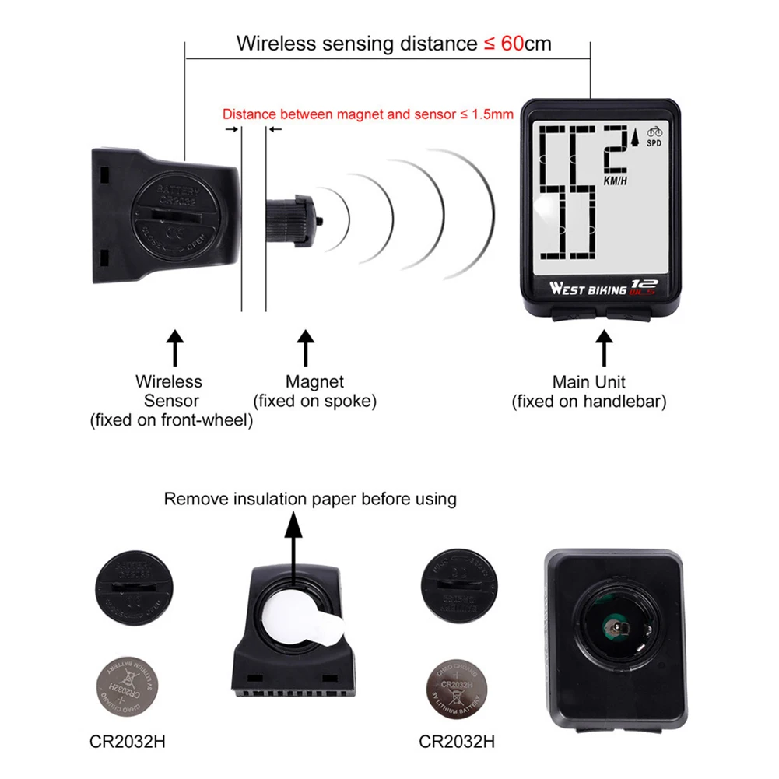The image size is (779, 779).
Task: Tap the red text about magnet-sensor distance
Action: click(368, 114)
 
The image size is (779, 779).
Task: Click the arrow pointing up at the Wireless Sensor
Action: click(175, 347)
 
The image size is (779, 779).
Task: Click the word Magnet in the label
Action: click(314, 382)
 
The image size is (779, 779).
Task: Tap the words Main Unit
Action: click(589, 382)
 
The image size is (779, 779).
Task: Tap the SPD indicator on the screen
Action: click(654, 143)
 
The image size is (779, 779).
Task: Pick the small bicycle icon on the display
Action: click(654, 131)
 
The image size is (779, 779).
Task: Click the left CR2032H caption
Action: click(128, 741)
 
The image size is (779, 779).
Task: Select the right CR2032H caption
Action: click(457, 741)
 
